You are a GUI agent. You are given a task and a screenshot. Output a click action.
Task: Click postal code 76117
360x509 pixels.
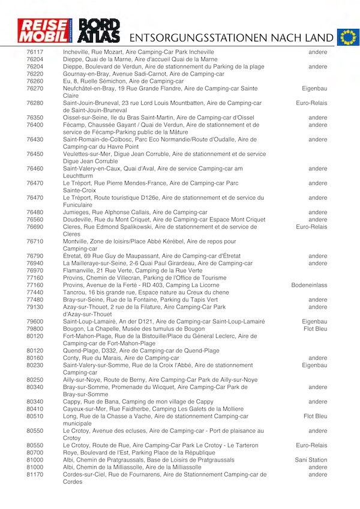click(35, 52)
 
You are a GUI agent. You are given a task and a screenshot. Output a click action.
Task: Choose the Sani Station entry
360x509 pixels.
click(311, 460)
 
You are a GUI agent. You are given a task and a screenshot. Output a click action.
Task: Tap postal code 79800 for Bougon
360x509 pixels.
click(35, 329)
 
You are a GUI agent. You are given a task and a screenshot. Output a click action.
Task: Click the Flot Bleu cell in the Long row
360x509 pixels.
click(316, 416)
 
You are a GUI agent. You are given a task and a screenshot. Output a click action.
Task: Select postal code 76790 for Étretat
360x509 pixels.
click(35, 256)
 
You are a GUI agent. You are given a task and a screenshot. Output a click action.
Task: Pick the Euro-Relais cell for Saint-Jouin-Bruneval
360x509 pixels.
click(311, 103)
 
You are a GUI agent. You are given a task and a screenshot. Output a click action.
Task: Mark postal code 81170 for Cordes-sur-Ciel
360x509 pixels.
click(35, 474)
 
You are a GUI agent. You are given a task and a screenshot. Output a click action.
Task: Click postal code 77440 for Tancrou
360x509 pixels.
click(35, 292)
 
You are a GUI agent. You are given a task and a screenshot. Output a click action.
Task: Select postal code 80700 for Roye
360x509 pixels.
click(35, 453)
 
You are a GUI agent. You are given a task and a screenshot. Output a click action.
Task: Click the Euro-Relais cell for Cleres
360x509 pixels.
click(311, 227)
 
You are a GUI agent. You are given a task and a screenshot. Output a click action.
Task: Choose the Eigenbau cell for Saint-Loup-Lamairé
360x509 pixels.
click(314, 322)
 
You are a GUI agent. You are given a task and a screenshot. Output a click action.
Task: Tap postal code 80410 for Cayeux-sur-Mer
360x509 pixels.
click(35, 409)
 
